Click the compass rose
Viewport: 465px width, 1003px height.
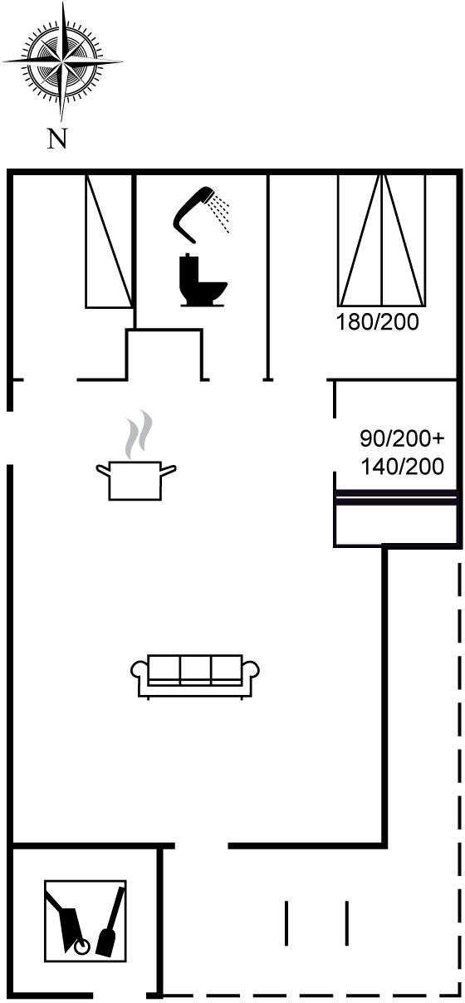pos(62,61)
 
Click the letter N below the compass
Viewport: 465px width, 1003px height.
pos(57,139)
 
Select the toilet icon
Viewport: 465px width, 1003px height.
pos(203,280)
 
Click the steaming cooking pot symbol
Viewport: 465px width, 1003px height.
pos(135,479)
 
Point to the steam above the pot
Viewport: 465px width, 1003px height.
pos(139,433)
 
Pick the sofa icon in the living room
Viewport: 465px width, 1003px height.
pos(195,677)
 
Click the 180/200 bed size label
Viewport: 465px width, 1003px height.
pos(377,322)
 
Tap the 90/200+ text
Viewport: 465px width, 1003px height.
pos(402,438)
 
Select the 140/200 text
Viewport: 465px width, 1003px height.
pos(402,467)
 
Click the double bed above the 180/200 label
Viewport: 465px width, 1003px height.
pos(382,241)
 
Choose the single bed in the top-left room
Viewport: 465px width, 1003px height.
pos(109,242)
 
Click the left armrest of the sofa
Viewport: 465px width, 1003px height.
pos(139,676)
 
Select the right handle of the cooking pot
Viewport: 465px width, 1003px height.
pos(169,470)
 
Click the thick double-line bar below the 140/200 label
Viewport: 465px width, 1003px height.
pos(396,498)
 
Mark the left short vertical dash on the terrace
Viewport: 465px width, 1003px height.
pos(286,923)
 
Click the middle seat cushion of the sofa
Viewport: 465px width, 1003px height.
pos(195,670)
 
